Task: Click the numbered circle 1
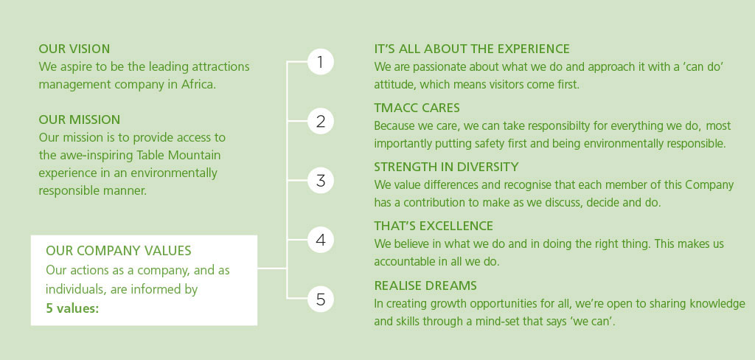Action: tap(321, 62)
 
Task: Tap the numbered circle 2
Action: tap(321, 121)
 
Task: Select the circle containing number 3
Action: tap(321, 180)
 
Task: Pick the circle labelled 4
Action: tap(321, 240)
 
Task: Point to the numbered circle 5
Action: tap(321, 300)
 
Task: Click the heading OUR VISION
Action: tap(74, 49)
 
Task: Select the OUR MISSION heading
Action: tap(80, 120)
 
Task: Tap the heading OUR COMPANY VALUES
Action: tap(119, 251)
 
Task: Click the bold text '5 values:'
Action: tap(72, 308)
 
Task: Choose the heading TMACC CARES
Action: tap(417, 108)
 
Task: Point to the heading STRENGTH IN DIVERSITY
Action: tap(446, 167)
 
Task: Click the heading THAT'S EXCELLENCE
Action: tap(434, 226)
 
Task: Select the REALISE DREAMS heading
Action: tap(425, 285)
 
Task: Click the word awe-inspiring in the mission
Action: tap(96, 156)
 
